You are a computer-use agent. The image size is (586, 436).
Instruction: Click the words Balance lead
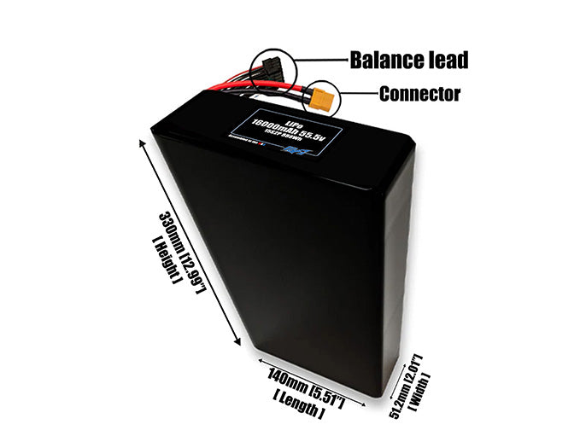[x=408, y=60]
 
